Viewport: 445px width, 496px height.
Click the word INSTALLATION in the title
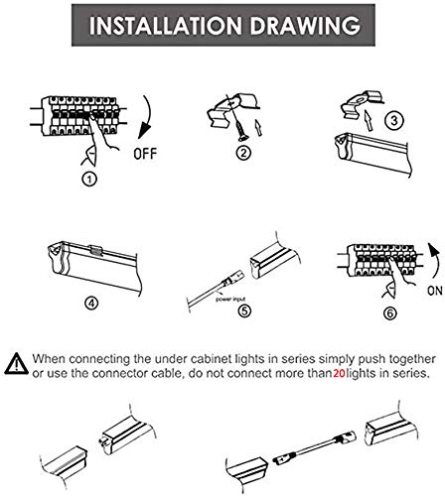tap(166, 26)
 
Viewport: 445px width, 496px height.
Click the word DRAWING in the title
tap(305, 26)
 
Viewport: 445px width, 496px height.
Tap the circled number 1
tap(89, 179)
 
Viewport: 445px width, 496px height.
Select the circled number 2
tap(243, 153)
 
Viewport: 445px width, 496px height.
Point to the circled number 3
tap(394, 120)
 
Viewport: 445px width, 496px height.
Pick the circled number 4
tap(91, 303)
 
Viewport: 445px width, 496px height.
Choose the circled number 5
tap(244, 310)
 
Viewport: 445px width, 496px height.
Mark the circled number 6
tap(389, 312)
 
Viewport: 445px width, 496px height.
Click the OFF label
tap(145, 154)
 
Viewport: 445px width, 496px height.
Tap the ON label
tap(435, 291)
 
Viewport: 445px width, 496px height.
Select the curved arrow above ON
tap(435, 261)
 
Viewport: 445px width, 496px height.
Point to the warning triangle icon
tap(17, 364)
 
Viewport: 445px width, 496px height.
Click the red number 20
tap(339, 373)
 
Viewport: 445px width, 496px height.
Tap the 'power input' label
tap(230, 300)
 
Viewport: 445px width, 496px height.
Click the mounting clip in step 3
tap(363, 103)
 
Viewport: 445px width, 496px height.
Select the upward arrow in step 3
tap(368, 121)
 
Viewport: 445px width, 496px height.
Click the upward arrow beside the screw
tap(258, 127)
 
